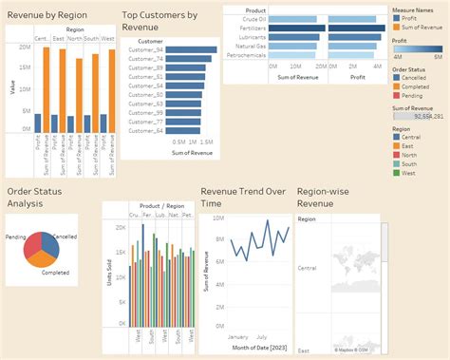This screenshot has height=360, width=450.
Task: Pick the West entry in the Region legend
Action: pyautogui.click(x=409, y=172)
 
